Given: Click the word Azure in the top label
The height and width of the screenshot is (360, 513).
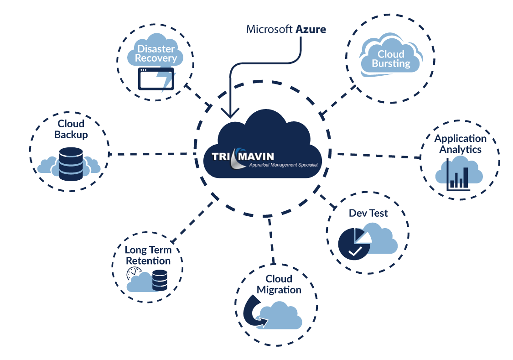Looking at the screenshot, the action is pyautogui.click(x=311, y=30).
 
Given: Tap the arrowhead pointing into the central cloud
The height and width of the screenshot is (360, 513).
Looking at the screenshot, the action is pyautogui.click(x=230, y=112).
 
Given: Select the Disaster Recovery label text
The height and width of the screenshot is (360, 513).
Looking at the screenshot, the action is pyautogui.click(x=156, y=53).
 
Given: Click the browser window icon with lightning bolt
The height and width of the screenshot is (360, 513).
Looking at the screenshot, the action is pyautogui.click(x=156, y=79).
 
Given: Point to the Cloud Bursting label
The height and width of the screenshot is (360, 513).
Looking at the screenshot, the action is pyautogui.click(x=391, y=59).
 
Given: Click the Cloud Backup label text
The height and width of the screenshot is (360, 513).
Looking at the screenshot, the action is pyautogui.click(x=71, y=129).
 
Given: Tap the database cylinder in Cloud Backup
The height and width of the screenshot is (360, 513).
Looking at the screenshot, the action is pyautogui.click(x=71, y=164).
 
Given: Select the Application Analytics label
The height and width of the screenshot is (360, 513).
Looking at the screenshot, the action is pyautogui.click(x=460, y=144).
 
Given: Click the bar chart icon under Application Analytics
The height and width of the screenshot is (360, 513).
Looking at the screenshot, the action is pyautogui.click(x=458, y=175).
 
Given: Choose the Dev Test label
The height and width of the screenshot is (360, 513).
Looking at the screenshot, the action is pyautogui.click(x=368, y=214).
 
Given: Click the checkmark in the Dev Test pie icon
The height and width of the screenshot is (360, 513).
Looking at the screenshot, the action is pyautogui.click(x=355, y=251).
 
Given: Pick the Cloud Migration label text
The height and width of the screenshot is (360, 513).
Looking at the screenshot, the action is pyautogui.click(x=279, y=284).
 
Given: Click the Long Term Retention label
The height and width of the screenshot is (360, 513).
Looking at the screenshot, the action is pyautogui.click(x=148, y=255).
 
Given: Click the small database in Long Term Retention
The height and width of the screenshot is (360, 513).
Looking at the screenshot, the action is pyautogui.click(x=160, y=281).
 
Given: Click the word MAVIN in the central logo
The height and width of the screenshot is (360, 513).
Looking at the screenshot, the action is pyautogui.click(x=256, y=156).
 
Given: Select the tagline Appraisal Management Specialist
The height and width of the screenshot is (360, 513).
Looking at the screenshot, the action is pyautogui.click(x=283, y=165).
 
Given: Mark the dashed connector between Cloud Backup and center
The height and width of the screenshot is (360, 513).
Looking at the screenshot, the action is pyautogui.click(x=152, y=154).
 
